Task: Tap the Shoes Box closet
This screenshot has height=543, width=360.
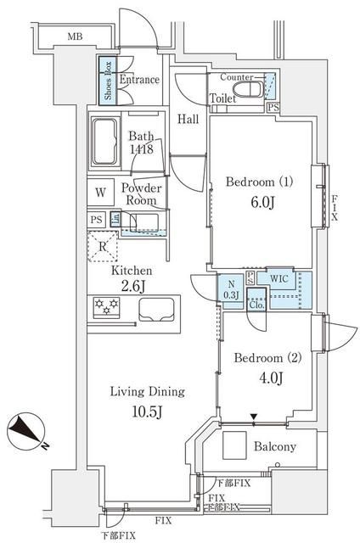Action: pos(108,79)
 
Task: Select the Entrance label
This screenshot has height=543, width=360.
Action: pos(139,80)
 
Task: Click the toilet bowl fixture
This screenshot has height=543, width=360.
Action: pos(250,89)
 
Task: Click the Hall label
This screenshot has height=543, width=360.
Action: pos(188,119)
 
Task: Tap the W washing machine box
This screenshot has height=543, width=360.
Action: pos(100,192)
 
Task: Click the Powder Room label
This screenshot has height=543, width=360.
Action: pos(141,193)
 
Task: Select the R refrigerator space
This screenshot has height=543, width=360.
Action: pos(102,249)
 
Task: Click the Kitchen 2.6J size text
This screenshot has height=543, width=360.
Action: pos(132,285)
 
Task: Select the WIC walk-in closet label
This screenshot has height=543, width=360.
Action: pos(279,277)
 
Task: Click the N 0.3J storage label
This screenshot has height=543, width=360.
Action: pos(230,289)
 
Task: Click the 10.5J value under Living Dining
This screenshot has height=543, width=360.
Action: pos(147,411)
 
